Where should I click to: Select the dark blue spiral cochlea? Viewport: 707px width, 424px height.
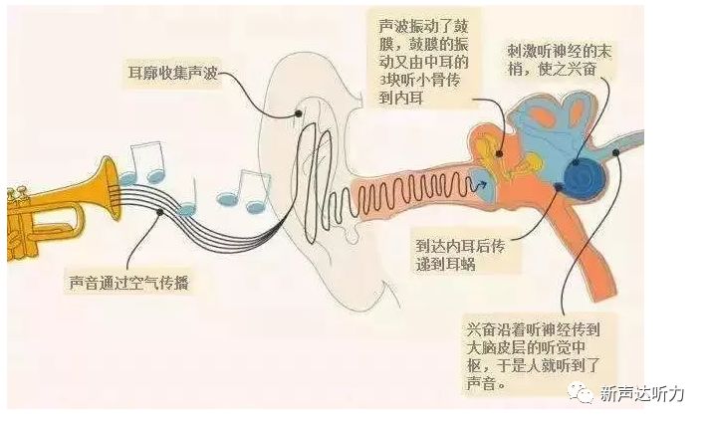(584, 175)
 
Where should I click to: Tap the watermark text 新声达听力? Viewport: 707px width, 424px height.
(642, 394)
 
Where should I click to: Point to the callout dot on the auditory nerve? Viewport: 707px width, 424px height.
(617, 152)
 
